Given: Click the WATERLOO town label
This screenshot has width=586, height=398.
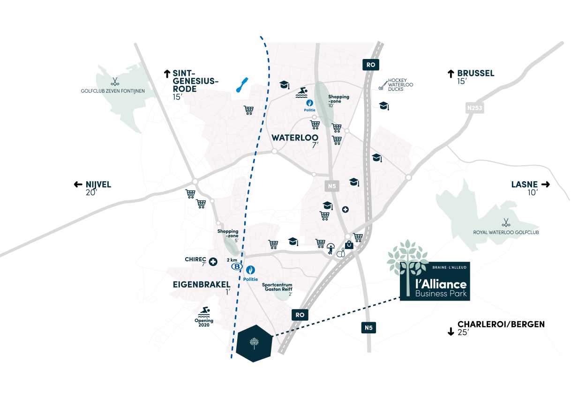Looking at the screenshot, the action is (x=295, y=138).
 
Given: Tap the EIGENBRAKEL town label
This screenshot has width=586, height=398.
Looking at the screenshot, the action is (x=202, y=285).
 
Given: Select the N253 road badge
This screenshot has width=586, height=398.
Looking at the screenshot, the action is (x=474, y=108).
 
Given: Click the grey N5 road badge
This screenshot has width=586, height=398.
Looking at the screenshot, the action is (x=332, y=186).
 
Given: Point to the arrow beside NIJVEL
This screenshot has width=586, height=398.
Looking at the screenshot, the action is (x=78, y=184).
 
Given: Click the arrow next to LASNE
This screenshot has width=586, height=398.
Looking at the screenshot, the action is (x=546, y=184).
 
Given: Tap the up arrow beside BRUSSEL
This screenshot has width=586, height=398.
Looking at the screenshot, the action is (x=451, y=74).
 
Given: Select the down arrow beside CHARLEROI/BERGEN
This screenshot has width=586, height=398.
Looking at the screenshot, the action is (x=451, y=332).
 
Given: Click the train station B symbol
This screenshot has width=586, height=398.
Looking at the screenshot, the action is (x=237, y=266).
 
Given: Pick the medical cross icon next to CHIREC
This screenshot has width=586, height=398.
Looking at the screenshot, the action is (x=213, y=262).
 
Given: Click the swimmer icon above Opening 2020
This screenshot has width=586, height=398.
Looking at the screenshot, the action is (x=204, y=312).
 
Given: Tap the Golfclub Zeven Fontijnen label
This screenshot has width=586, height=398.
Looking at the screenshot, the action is (x=113, y=91).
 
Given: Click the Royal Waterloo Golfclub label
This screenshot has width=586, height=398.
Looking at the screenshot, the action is (x=506, y=232).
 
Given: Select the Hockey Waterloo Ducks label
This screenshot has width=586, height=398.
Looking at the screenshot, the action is (x=400, y=85).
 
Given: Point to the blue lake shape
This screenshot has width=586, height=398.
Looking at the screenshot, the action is (x=242, y=85).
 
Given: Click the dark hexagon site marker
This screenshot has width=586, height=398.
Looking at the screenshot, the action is (x=254, y=343).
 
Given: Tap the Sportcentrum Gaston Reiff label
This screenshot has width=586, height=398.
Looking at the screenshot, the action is (x=277, y=287).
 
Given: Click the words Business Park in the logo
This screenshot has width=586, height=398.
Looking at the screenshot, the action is (x=441, y=294).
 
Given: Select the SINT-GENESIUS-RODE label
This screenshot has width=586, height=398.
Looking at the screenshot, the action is (x=195, y=81).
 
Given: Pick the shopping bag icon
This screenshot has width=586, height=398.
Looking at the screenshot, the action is (x=349, y=245).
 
